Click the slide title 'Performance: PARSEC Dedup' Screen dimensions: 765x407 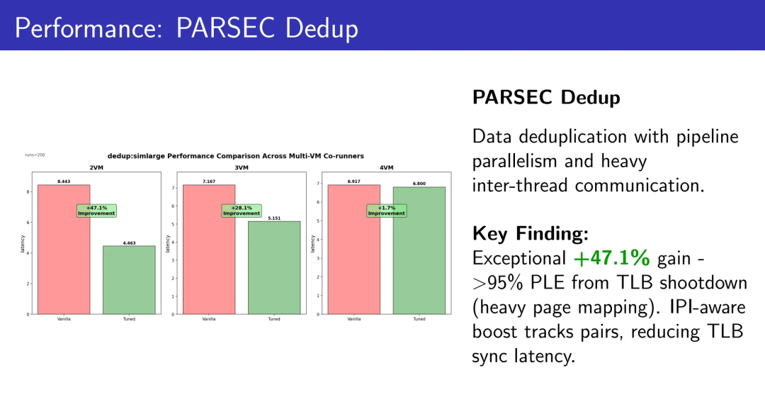point(186,28)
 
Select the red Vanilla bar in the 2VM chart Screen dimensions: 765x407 point(64,249)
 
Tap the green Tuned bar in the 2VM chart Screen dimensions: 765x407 point(130,280)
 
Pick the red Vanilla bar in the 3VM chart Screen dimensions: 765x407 point(209,249)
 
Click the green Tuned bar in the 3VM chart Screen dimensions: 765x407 point(274,268)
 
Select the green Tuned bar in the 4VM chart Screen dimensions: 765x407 point(419,250)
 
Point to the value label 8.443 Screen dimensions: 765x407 point(64,182)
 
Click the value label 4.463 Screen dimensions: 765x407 point(130,242)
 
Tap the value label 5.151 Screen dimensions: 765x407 point(274,218)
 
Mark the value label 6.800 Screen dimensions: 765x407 point(419,184)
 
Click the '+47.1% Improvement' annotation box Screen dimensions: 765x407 point(96,211)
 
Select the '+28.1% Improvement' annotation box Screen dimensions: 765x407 point(242,211)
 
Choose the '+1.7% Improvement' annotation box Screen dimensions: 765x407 point(387,211)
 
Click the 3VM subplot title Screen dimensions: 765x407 point(242,167)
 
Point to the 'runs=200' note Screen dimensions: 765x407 point(35,155)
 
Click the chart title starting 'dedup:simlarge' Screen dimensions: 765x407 point(236,156)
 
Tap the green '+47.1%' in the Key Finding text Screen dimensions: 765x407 point(612,257)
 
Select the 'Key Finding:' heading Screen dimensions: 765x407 point(531,233)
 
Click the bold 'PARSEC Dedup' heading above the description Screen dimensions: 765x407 point(546,97)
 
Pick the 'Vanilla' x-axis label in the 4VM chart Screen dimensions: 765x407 point(354,319)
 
